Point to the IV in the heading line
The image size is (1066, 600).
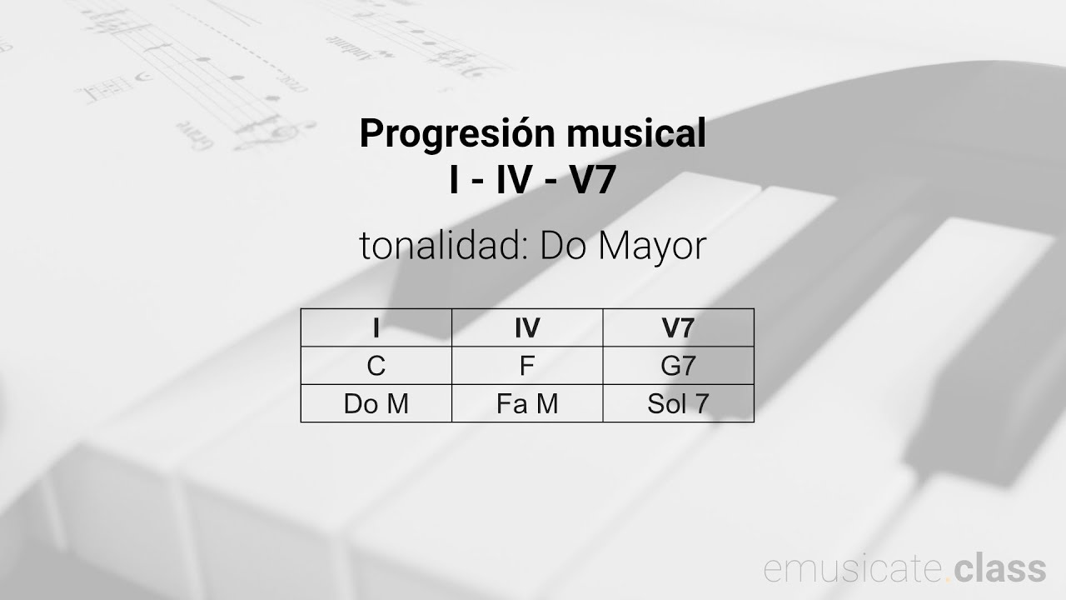[x=513, y=182]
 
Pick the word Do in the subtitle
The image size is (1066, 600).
[x=563, y=246]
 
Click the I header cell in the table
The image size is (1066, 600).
[x=376, y=327]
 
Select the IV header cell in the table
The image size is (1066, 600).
[x=527, y=327]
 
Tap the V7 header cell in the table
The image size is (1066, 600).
[x=678, y=327]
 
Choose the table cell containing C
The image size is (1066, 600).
[x=376, y=366]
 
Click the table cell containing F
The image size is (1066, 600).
[x=527, y=366]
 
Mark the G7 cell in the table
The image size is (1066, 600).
[x=678, y=366]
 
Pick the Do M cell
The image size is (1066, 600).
[x=376, y=404]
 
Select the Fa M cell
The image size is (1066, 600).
[x=527, y=404]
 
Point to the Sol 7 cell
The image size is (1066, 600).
[x=678, y=404]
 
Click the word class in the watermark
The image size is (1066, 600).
[x=1000, y=568]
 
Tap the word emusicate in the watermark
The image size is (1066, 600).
[x=854, y=568]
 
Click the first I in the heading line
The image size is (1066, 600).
[x=455, y=182]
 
